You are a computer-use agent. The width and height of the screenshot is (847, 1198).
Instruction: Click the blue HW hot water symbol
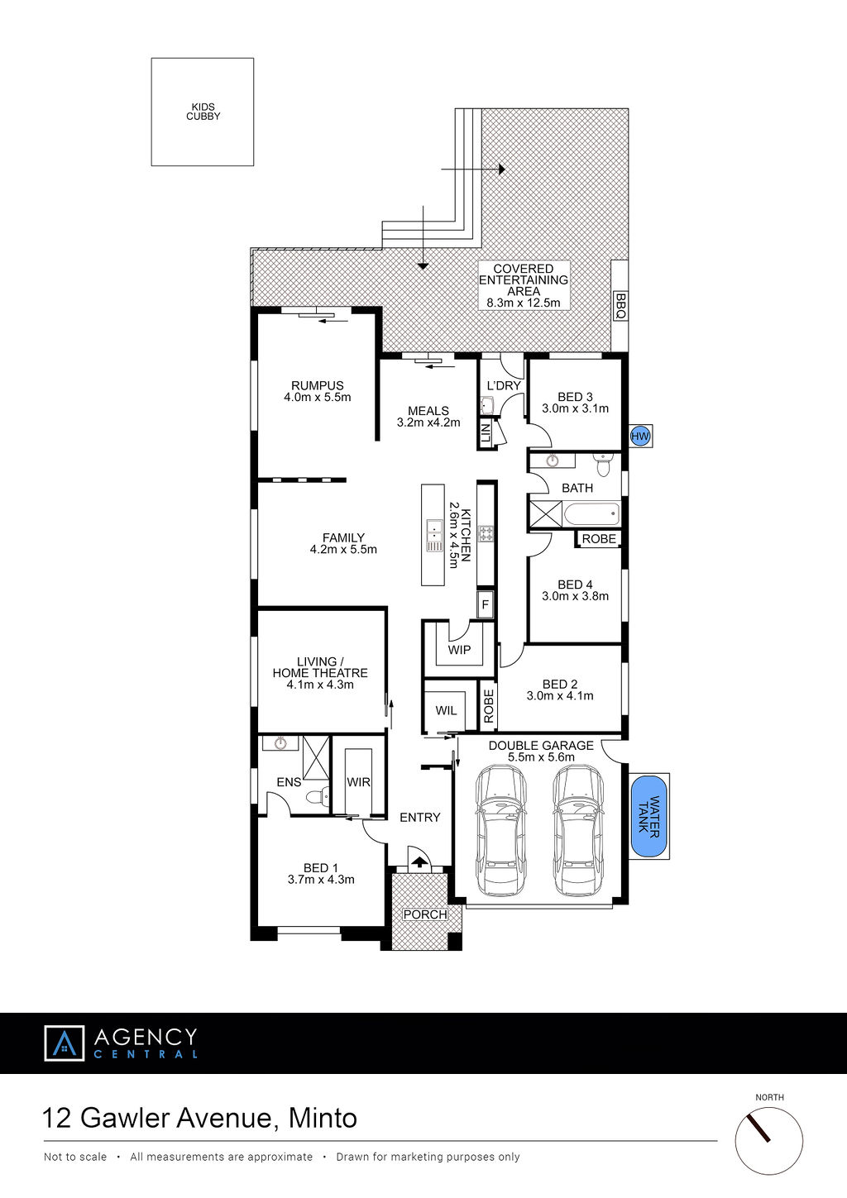640,437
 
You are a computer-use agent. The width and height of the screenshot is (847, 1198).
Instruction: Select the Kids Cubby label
203,112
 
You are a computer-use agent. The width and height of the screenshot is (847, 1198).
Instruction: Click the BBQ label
620,306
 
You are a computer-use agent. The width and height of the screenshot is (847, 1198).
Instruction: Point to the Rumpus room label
318,385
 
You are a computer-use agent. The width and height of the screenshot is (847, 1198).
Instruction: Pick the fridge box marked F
486,605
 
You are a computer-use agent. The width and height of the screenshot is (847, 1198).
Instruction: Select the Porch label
425,914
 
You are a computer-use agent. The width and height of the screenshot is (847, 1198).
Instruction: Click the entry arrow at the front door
420,862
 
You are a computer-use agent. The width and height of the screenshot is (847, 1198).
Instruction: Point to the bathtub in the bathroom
591,514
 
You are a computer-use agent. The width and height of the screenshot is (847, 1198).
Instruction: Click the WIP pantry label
459,649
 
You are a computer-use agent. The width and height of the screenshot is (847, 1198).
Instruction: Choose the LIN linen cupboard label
486,432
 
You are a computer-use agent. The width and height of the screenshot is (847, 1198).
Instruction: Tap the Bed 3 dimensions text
575,408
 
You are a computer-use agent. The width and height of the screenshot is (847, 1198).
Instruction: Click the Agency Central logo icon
65,1043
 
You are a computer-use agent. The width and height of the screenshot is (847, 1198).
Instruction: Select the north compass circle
769,1141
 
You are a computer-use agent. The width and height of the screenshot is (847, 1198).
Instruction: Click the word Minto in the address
323,1118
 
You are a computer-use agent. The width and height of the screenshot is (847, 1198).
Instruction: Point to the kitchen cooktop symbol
486,533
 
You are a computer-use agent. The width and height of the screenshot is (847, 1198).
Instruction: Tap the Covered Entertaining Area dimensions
524,303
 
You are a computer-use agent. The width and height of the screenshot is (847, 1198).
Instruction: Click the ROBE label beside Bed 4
599,538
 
